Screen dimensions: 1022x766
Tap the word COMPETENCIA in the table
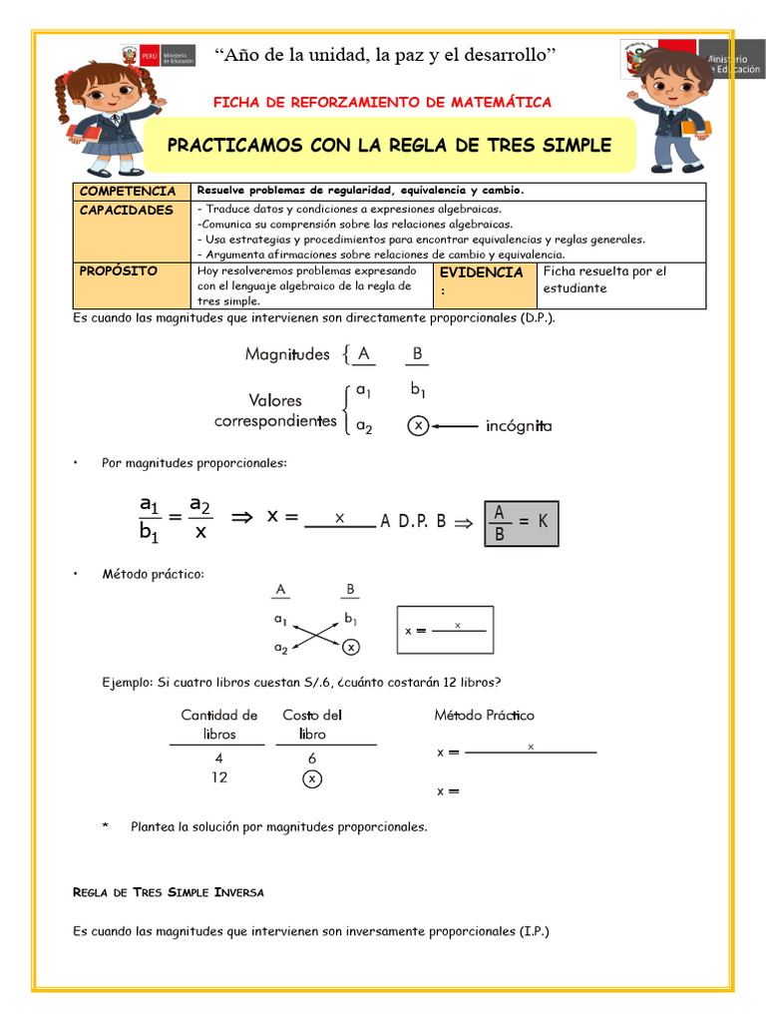(128, 191)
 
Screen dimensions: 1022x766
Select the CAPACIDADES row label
(126, 211)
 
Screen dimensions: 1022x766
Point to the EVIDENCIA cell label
(482, 272)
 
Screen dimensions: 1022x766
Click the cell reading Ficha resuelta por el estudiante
(603, 279)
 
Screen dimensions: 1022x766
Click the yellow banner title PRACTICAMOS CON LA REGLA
(389, 145)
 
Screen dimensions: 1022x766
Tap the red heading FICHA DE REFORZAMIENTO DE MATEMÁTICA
(383, 103)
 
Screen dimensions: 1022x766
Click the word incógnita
(519, 426)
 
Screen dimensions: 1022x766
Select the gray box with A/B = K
(522, 522)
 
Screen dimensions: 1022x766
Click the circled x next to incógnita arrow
(419, 426)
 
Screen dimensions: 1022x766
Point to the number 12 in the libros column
(219, 776)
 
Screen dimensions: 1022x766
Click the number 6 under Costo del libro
(311, 758)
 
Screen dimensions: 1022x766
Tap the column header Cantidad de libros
(219, 724)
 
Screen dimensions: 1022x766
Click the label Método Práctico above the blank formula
(484, 715)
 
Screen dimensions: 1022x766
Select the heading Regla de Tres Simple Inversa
(169, 891)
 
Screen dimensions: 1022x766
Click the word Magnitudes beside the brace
(287, 354)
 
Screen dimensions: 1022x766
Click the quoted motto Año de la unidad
(385, 54)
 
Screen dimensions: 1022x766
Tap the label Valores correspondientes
(275, 410)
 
